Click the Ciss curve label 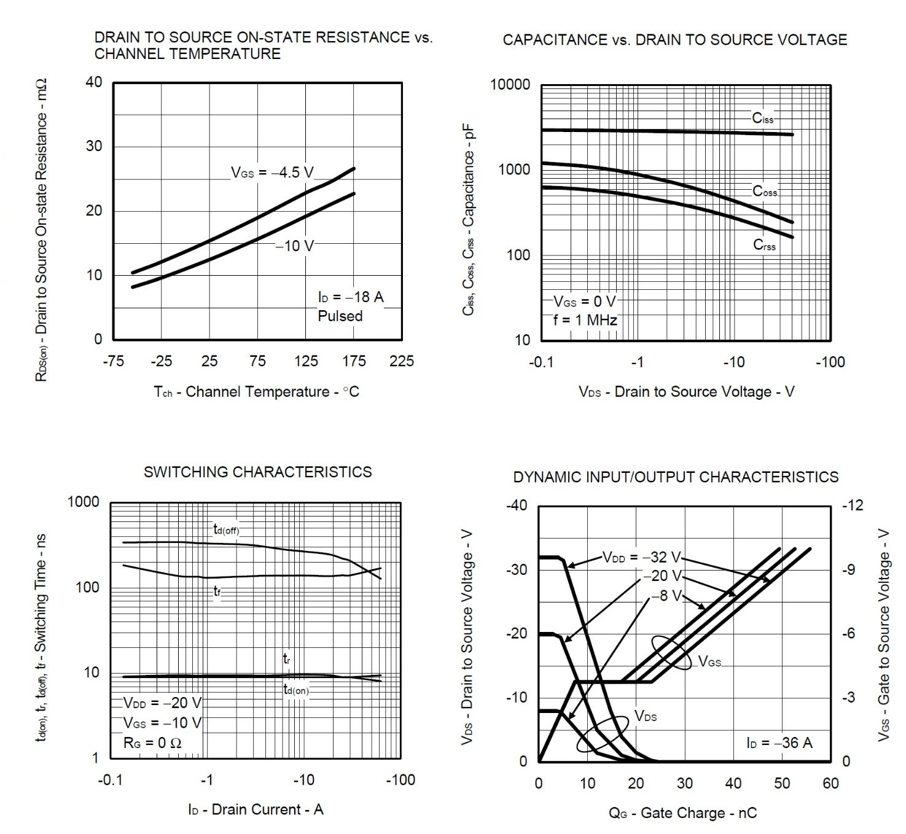coord(763,118)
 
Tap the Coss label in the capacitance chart coord(765,191)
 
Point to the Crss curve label coord(764,245)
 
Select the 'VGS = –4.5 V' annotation coord(272,173)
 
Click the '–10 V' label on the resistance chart coord(294,246)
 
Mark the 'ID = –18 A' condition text coord(350,297)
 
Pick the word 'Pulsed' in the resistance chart coord(340,316)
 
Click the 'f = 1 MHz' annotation coord(585,320)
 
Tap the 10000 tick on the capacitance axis coord(510,85)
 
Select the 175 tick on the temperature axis coord(353,360)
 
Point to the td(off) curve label coord(226,529)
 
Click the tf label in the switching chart coord(217,591)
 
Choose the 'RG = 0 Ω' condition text coord(152,742)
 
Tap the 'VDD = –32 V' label coord(642,557)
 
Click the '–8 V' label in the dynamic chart coord(666,595)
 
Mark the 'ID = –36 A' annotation coord(779,742)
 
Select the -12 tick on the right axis coord(852,505)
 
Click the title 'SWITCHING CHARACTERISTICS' coord(257,472)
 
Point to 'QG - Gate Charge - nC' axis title coord(682,813)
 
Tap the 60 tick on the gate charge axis coord(830,783)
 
